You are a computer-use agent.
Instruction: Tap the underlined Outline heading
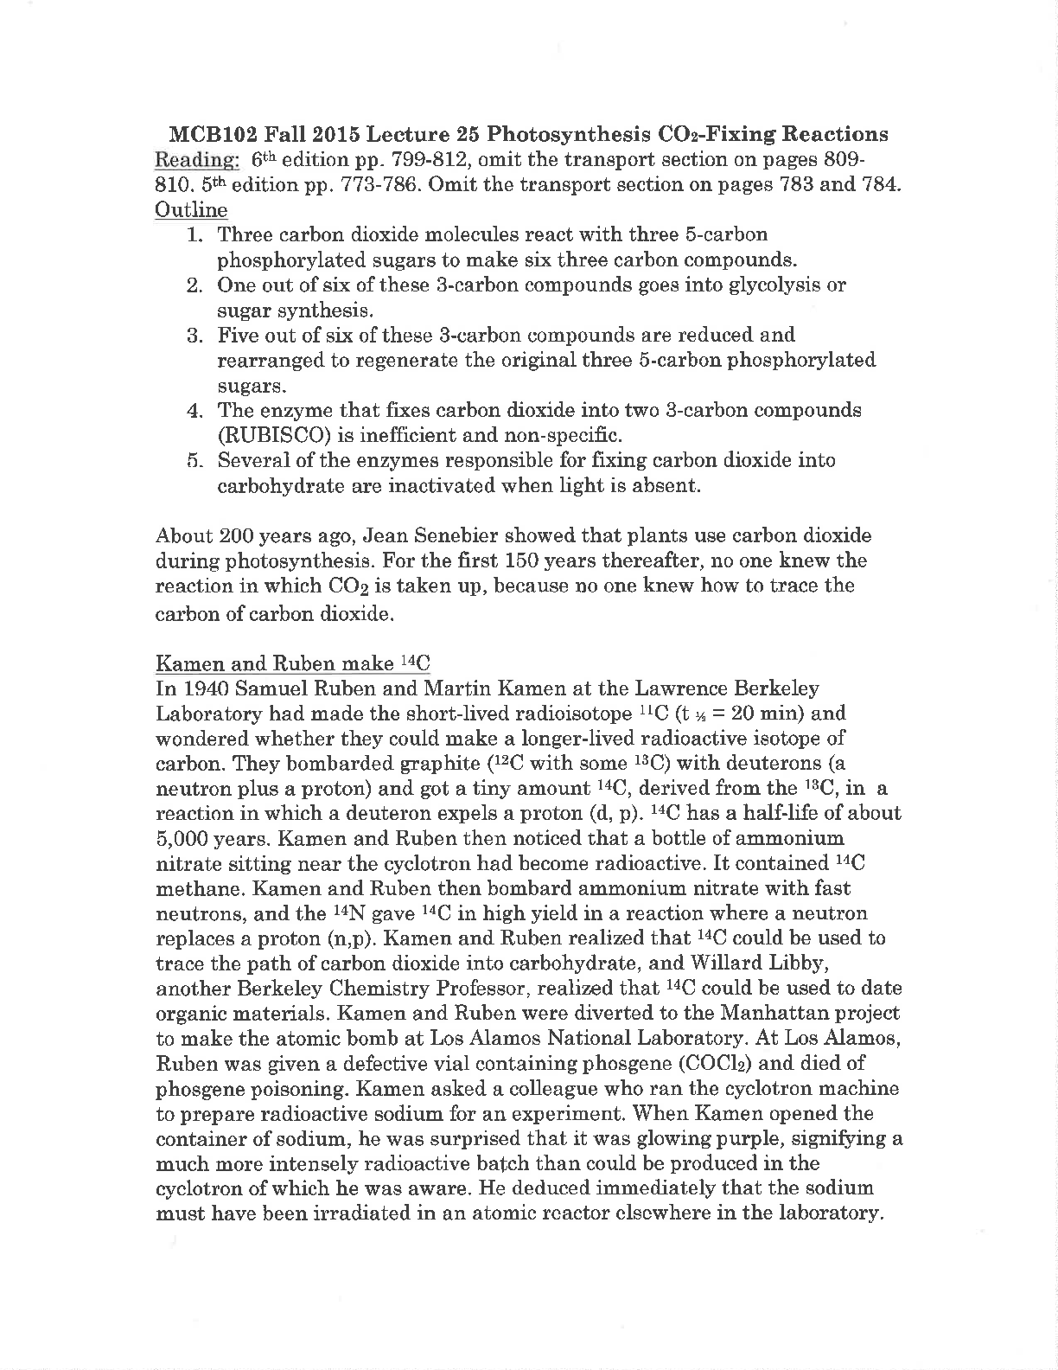(x=191, y=210)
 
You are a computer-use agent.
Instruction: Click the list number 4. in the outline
(x=194, y=410)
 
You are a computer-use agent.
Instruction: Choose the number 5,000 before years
(x=183, y=839)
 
